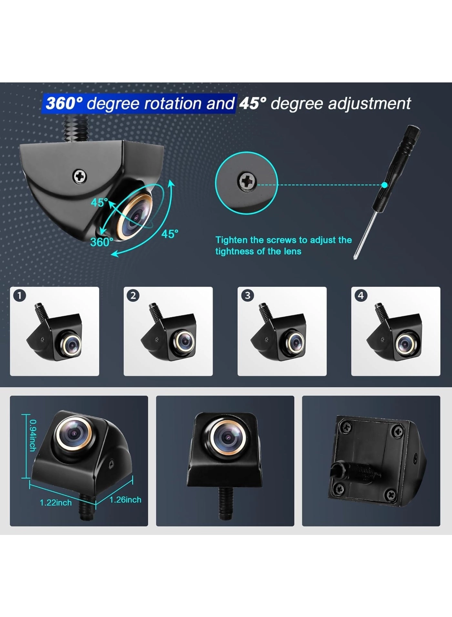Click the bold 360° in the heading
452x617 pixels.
pos(64,103)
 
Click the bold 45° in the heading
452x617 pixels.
pos(253,103)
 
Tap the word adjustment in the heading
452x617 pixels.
pos(369,104)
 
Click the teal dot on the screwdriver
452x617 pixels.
pos(384,185)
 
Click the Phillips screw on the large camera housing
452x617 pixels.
pos(79,176)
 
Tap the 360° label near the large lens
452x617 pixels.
pos(101,242)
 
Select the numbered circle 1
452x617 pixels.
pos(20,295)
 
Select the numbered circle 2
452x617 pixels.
pos(133,295)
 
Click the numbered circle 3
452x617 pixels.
pos(247,295)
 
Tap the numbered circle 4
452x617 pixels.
pos(361,295)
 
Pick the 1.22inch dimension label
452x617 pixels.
pos(56,503)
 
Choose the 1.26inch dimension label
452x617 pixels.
pos(125,500)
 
